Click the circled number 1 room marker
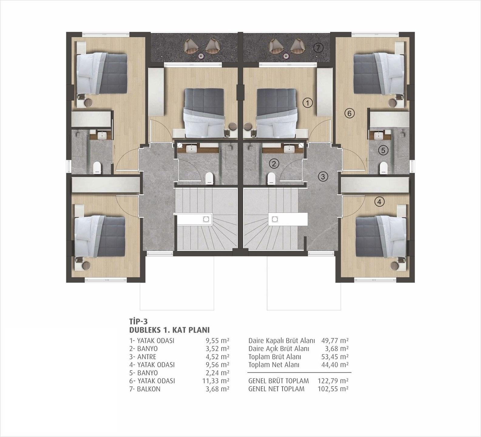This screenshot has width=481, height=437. tap(308, 103)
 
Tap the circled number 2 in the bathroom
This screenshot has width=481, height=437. tap(274, 164)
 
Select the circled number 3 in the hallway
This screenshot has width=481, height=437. tap(323, 176)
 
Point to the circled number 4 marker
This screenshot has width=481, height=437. tap(379, 202)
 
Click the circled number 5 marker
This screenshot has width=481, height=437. tap(383, 150)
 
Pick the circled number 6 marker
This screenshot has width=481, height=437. tap(349, 113)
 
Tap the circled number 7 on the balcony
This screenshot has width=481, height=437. tap(318, 48)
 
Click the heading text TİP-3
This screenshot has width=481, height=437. tap(138, 321)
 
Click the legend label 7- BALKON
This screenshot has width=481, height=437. tap(145, 389)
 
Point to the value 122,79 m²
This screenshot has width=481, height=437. tap(333, 381)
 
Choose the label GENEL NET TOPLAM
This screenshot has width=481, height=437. tap(276, 389)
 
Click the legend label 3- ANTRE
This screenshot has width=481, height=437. tap(143, 357)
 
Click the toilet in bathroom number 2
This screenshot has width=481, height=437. tap(271, 178)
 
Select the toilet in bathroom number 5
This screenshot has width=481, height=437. tap(384, 168)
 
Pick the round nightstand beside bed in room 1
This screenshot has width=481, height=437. tap(248, 126)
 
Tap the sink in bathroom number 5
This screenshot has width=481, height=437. tap(378, 135)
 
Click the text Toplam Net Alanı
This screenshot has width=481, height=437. tap(274, 365)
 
